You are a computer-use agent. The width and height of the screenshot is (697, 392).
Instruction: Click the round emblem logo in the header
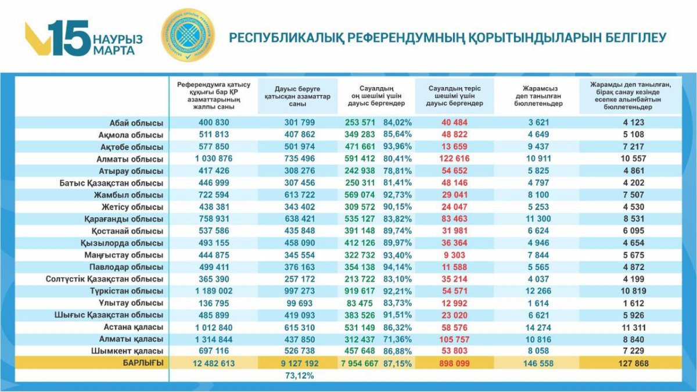coord(187,36)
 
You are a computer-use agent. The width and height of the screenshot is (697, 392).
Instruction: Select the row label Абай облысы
coord(136,123)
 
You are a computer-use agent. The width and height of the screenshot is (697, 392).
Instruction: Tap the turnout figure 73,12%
coord(300,376)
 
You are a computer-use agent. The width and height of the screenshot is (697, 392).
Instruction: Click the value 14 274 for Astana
coord(530,328)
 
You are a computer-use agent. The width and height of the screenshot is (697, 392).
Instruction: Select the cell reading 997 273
coord(300,291)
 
